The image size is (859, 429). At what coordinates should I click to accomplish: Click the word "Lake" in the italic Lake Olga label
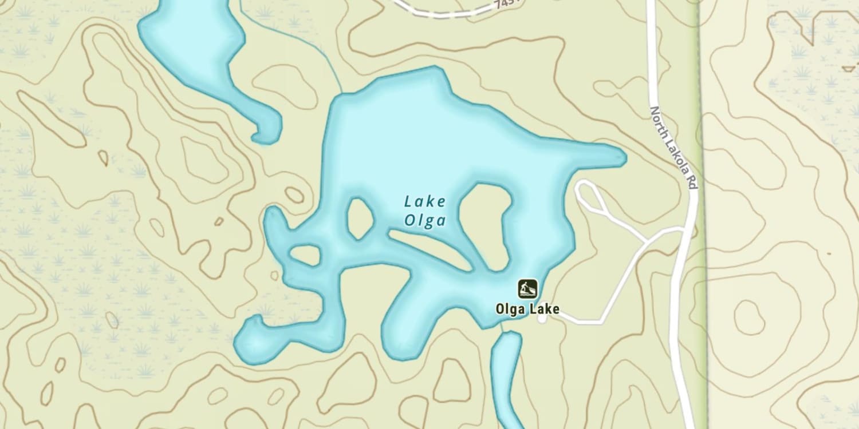424,201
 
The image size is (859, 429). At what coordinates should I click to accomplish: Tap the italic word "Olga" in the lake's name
424,220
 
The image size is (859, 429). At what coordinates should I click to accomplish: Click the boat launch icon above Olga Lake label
527,289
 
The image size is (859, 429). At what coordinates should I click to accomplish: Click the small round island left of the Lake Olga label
360,219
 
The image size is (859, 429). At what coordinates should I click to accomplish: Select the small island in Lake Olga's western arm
305,255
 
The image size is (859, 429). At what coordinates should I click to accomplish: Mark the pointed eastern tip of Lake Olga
623,157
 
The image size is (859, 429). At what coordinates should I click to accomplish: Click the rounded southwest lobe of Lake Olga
255,343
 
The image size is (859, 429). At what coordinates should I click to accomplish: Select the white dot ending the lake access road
542,319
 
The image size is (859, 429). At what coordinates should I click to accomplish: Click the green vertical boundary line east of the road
702,172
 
